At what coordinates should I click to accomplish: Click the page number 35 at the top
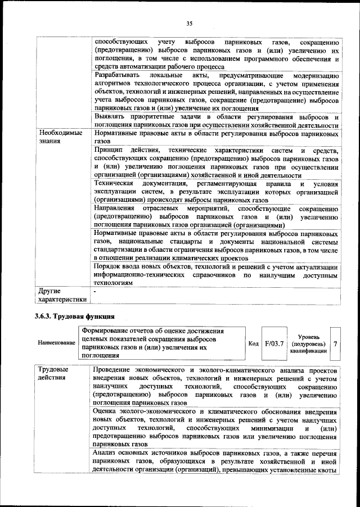tap(189, 23)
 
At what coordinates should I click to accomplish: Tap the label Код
tap(253, 343)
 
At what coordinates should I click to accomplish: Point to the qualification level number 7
tap(336, 343)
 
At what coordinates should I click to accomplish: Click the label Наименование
tap(56, 342)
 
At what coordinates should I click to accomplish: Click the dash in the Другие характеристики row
tap(96, 292)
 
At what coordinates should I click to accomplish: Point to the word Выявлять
tap(111, 116)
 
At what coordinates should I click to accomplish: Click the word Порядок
tap(110, 267)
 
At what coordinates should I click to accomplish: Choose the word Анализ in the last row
tap(107, 452)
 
